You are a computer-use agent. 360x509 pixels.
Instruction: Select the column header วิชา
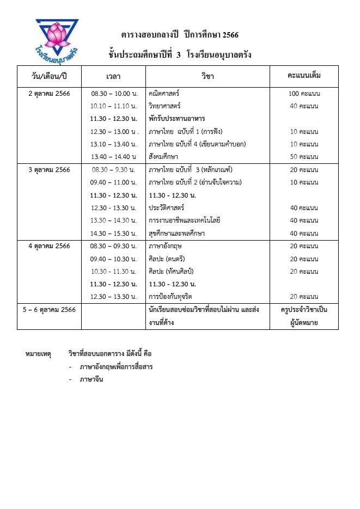208,76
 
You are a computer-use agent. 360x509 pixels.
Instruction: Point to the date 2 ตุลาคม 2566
50,93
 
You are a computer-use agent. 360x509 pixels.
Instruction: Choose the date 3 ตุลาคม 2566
50,169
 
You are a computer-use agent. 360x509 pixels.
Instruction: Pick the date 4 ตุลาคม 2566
50,246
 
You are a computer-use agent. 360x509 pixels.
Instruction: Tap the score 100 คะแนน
304,93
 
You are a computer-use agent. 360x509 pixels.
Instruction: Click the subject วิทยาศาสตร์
165,106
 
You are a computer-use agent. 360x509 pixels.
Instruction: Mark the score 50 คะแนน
304,157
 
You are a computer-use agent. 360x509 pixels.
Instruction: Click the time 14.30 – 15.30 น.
113,233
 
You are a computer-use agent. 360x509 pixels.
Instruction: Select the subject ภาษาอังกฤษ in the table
165,246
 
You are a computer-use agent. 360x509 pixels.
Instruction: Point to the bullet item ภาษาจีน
91,379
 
